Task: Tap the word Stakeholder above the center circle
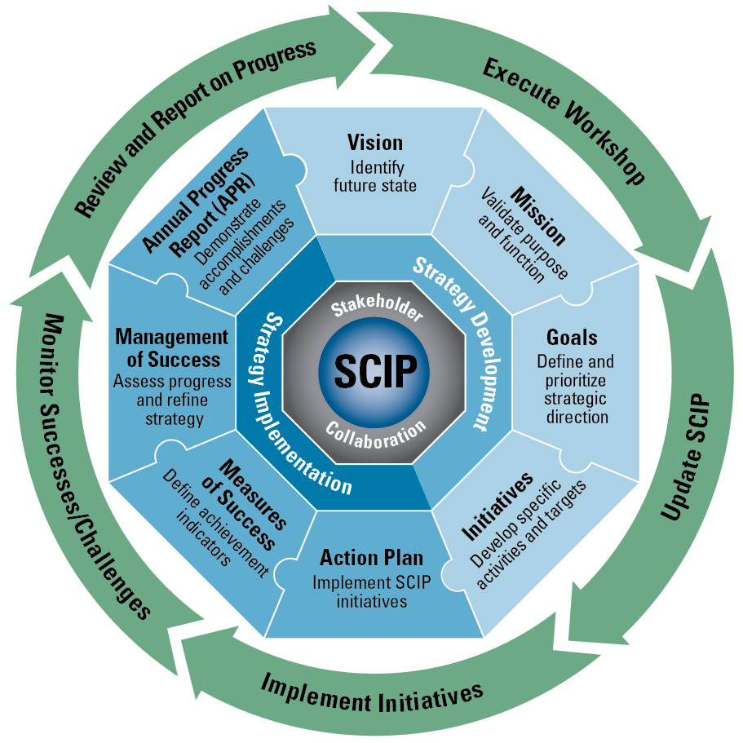[x=376, y=311]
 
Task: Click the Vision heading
[x=375, y=143]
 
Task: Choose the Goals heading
[x=572, y=338]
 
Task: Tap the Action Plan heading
[x=371, y=558]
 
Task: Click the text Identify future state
[x=375, y=176]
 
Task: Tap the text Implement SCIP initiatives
[x=371, y=592]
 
